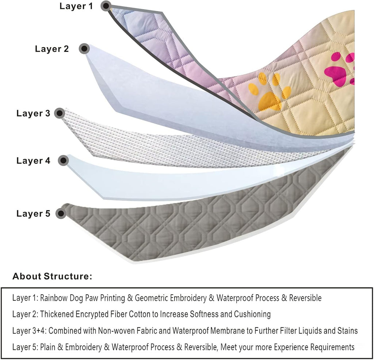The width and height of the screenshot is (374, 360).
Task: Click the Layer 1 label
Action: point(76,6)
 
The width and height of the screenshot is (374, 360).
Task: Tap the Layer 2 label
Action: point(52,49)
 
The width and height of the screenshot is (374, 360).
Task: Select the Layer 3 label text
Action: point(33,113)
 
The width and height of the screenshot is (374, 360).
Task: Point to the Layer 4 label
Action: point(33,160)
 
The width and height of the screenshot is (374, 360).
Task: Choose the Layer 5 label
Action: point(33,214)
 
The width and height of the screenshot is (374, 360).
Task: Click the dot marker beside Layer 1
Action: point(106,6)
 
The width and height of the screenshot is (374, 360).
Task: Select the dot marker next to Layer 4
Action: point(63,160)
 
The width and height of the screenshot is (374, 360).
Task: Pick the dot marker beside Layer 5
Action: point(61,213)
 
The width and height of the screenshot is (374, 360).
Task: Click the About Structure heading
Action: point(52,276)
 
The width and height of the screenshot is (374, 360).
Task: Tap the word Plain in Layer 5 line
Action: point(47,347)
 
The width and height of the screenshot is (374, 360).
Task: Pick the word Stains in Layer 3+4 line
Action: point(347,331)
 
